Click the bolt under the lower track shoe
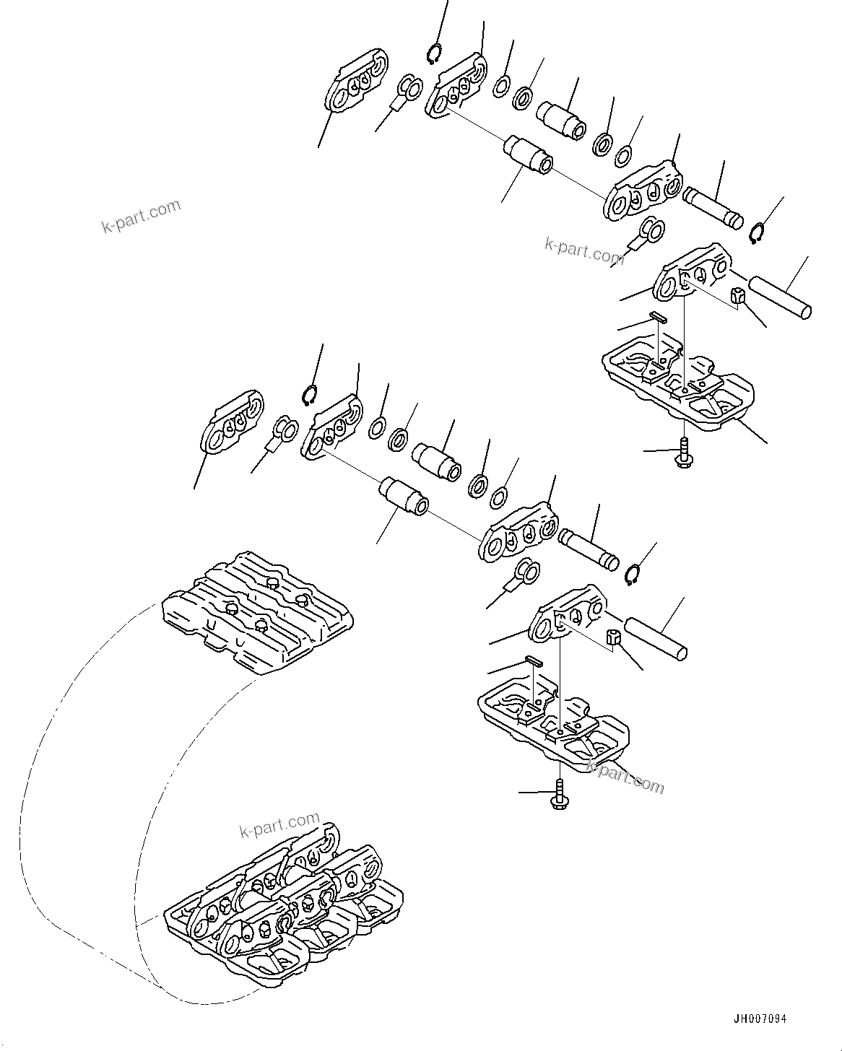tap(560, 794)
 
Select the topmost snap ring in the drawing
tap(435, 54)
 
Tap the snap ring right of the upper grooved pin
tap(756, 234)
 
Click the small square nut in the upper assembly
tap(737, 295)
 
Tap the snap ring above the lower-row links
tap(310, 396)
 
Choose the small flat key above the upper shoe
tap(657, 315)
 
